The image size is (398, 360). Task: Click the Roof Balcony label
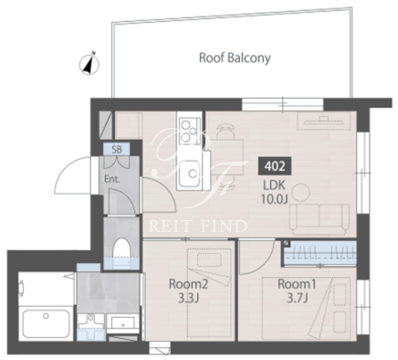pos(235,58)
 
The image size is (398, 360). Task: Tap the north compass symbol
pos(89,64)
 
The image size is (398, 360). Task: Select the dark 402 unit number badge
pos(275,166)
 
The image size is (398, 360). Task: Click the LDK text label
pos(273,185)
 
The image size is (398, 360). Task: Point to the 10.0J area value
pos(274,198)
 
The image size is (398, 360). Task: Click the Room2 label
pos(188,284)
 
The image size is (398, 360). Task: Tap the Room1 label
pos(297,284)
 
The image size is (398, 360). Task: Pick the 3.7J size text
pos(298,298)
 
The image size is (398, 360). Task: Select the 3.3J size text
pos(188,298)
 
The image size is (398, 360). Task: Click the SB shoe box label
pos(117,149)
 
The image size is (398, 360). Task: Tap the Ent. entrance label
pos(112,179)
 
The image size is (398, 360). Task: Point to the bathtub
pos(46,323)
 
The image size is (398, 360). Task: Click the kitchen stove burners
pos(189,131)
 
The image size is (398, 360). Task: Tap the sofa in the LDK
pos(319,217)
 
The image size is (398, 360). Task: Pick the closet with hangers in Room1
pos(320,253)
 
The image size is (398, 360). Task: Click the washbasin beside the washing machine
pos(122,323)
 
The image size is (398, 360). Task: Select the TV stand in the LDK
pos(324,122)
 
